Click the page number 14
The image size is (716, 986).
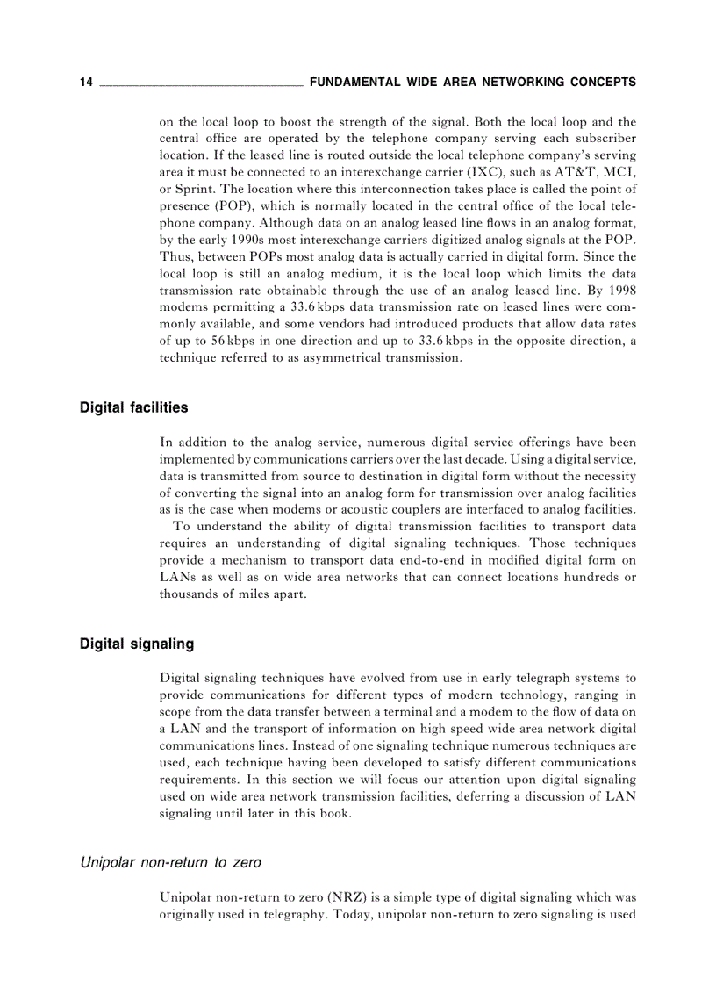86,83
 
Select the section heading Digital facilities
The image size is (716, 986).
133,407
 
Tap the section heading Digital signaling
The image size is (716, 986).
137,644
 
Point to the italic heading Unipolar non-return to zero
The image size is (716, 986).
170,862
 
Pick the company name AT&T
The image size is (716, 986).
577,172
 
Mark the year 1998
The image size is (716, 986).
619,290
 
